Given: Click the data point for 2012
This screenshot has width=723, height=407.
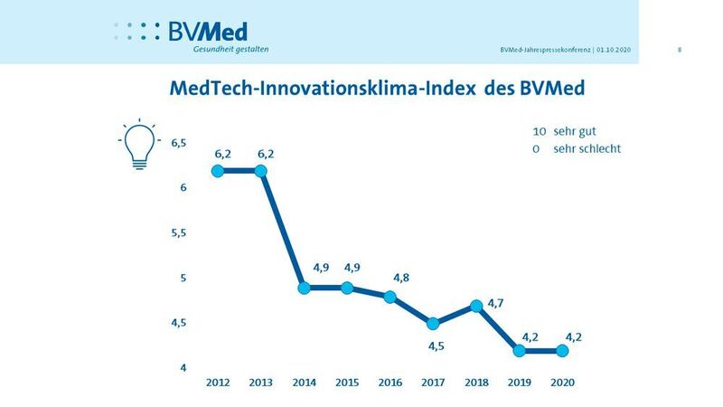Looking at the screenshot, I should click(x=218, y=171).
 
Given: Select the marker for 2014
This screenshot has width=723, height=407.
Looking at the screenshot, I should click(x=305, y=288).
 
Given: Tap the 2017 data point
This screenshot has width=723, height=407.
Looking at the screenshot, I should click(x=434, y=324).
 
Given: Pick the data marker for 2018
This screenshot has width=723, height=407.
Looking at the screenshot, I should click(x=476, y=306).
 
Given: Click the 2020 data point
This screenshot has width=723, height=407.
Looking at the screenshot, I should click(x=562, y=350).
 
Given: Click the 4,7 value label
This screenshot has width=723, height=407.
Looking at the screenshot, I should click(x=494, y=303).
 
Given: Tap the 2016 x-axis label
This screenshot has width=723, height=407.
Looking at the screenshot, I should click(x=390, y=383).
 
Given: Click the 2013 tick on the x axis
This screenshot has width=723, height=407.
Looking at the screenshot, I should click(x=261, y=383).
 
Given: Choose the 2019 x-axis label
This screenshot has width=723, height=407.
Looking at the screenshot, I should click(x=519, y=383).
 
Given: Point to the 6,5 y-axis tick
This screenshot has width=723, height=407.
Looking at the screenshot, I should click(x=178, y=143).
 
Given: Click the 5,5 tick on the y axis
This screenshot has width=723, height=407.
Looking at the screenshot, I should click(x=178, y=233).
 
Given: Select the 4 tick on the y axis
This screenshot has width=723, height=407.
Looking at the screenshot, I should click(x=183, y=368).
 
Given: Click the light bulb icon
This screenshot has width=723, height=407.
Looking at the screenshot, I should click(x=138, y=143).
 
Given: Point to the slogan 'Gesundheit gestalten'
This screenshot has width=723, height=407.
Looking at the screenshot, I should click(x=230, y=49).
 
